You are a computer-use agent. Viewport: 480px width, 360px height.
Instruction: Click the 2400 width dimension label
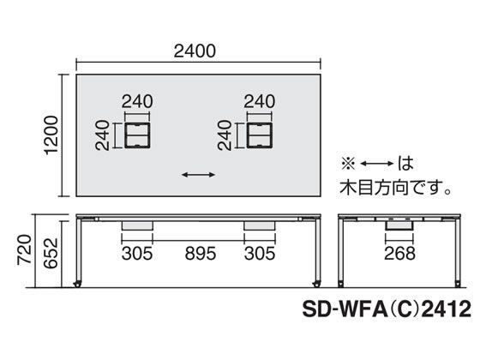[x=195, y=51]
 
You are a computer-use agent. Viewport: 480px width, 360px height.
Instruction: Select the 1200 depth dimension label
[x=51, y=135]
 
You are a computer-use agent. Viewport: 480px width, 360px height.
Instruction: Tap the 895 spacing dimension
[x=201, y=254]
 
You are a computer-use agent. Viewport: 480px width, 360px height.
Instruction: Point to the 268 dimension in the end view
[x=399, y=254]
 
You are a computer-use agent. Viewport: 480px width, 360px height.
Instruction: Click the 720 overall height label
[x=24, y=249]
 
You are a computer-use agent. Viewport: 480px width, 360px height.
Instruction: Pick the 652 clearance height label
[x=51, y=253]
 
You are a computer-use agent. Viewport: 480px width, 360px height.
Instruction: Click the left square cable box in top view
[x=137, y=135]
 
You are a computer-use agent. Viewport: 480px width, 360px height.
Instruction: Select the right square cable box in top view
[x=259, y=135]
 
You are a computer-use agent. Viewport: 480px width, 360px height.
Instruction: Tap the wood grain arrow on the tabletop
[x=198, y=175]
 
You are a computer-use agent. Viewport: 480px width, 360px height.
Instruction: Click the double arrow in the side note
[x=377, y=164]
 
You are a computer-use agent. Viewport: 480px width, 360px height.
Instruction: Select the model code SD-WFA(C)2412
[x=387, y=309]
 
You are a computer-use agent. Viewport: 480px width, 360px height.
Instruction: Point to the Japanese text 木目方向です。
[x=395, y=187]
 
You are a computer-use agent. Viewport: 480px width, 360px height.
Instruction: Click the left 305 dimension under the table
[x=137, y=254]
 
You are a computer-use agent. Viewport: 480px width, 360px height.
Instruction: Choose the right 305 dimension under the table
[x=260, y=254]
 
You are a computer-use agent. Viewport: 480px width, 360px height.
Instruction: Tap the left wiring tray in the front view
[x=137, y=225]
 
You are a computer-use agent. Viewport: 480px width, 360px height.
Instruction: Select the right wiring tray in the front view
[x=260, y=225]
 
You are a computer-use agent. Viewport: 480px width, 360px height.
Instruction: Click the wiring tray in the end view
[x=399, y=225]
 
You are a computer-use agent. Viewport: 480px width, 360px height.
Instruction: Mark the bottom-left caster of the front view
[x=78, y=284]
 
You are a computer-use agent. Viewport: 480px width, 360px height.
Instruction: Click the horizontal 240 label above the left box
[x=137, y=101]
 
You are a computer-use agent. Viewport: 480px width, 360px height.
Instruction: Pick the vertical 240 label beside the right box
[x=225, y=135]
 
